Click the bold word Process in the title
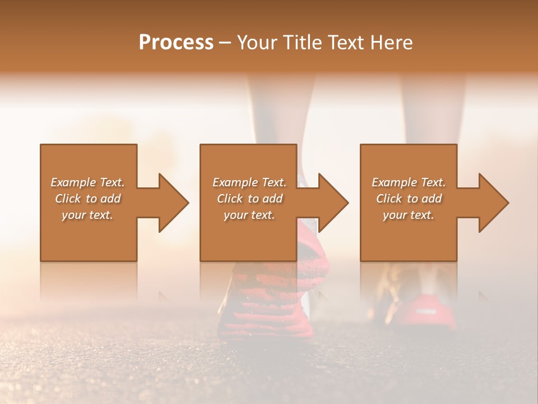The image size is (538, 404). pos(176,43)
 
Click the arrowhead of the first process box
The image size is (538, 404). pos(173,203)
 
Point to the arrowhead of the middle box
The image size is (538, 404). pos(332,203)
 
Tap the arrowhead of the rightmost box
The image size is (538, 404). pos(493,203)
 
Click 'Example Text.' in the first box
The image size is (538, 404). pos(87,182)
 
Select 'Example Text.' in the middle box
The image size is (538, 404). pos(249,182)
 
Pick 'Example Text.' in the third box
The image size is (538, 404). pos(409,182)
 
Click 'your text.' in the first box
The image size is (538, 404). pos(87,215)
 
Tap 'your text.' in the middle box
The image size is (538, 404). pos(249,215)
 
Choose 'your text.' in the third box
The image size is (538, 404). pos(409,215)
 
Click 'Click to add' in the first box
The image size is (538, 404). pos(87,199)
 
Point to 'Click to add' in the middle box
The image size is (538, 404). pos(249,199)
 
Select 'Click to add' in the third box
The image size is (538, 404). pos(409,199)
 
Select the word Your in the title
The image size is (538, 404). pos(256,43)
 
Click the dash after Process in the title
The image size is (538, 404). pos(225,43)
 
